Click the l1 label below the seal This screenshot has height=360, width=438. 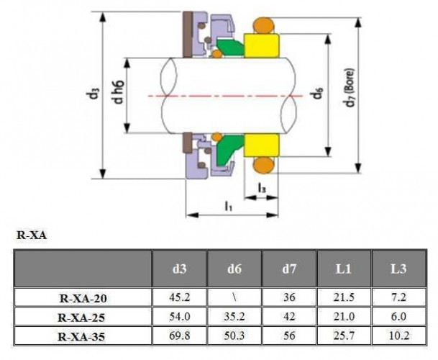(x=228, y=207)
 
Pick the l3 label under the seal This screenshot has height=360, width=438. (x=263, y=189)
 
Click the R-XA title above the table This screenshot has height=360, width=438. (x=31, y=235)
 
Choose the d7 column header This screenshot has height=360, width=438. (x=289, y=269)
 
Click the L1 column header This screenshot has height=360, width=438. (x=344, y=269)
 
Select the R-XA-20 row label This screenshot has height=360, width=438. (x=83, y=297)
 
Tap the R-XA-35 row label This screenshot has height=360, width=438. (x=83, y=336)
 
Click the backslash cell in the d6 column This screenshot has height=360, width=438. (x=234, y=297)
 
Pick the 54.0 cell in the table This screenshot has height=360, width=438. (x=179, y=316)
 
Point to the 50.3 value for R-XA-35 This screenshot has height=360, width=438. (x=234, y=336)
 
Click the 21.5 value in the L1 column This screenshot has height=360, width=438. (x=344, y=297)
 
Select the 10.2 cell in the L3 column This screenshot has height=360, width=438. (x=398, y=336)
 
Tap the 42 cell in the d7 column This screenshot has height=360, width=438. (x=289, y=316)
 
